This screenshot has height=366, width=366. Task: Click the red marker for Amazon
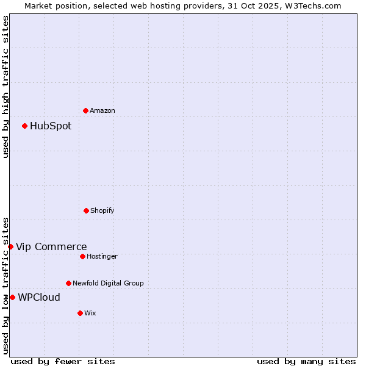coord(86,110)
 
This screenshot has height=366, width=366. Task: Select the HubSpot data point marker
coord(25,126)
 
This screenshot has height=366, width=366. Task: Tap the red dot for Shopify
coord(86,210)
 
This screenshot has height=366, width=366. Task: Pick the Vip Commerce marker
coord(11,246)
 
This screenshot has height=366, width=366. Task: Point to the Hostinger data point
coord(82,256)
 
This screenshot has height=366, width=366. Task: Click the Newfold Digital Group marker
coord(68,283)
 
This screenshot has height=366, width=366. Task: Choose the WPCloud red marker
coord(13,297)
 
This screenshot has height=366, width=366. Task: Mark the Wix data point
coord(80,313)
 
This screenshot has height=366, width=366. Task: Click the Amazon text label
coord(102,110)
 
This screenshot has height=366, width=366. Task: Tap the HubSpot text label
coord(51,126)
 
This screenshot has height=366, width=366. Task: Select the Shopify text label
coord(102,210)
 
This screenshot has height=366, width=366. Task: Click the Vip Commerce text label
coord(51,246)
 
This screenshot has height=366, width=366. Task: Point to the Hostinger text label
coord(102,256)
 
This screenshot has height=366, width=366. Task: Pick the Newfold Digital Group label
coord(108,283)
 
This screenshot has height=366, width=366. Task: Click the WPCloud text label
coord(39,297)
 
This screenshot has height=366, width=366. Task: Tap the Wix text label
coord(90,313)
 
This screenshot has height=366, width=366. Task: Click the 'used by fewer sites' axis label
coord(63,361)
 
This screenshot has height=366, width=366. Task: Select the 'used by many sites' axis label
coord(306,361)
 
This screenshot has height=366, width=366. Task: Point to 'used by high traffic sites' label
coord(5,87)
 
